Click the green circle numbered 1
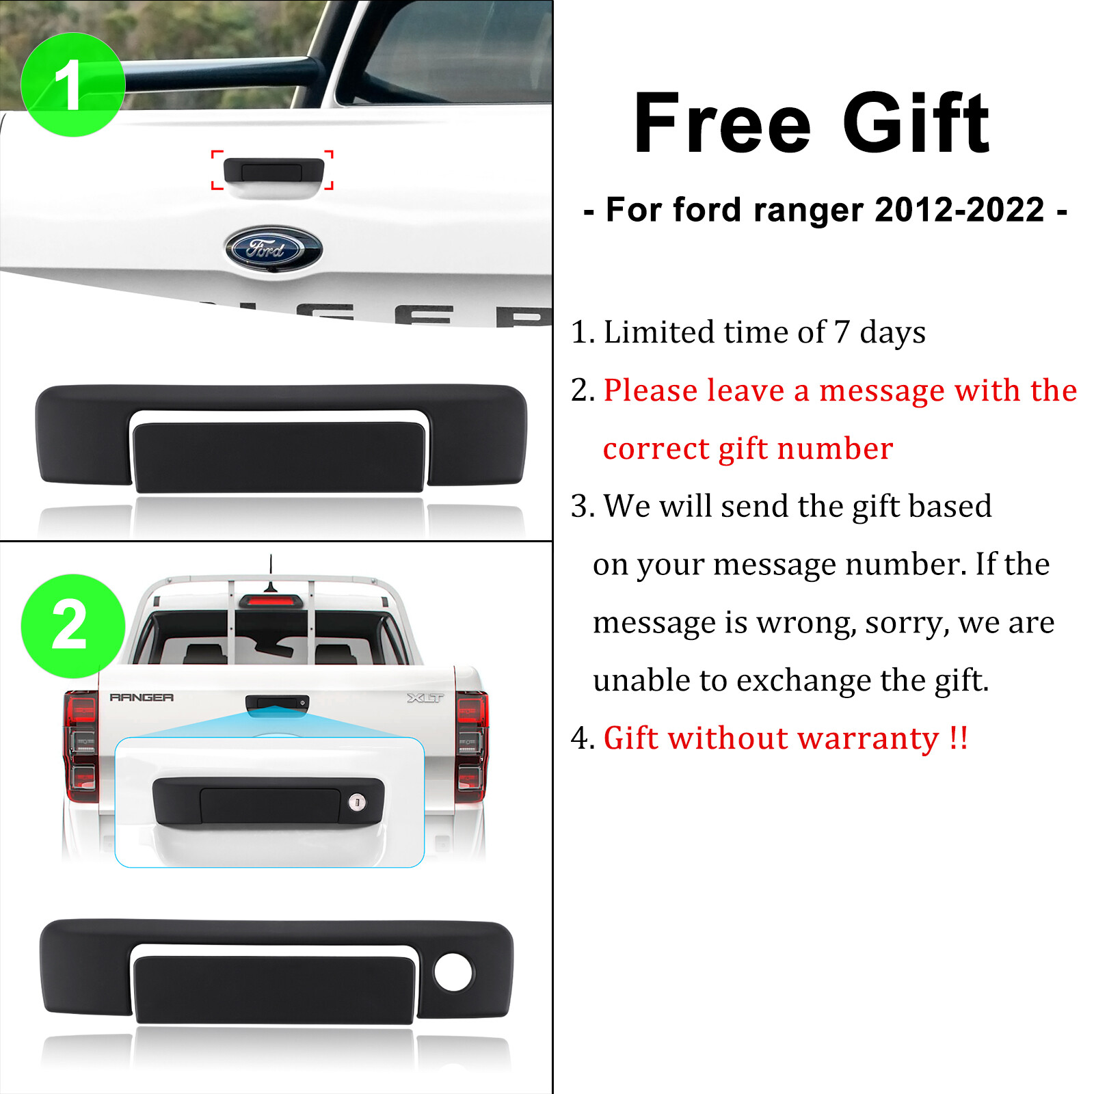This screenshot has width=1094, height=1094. tap(72, 85)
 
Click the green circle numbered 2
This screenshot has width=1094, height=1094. tap(72, 626)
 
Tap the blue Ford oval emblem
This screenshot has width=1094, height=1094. tap(273, 248)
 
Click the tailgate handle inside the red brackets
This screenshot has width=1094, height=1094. tap(273, 171)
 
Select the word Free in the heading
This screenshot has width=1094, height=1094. tap(722, 124)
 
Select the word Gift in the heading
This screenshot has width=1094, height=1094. tap(916, 124)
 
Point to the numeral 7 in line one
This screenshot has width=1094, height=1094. tap(842, 332)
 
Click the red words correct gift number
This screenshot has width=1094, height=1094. tap(747, 449)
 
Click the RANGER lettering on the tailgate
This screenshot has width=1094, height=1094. tap(142, 697)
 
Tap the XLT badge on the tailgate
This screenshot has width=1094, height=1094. tap(425, 698)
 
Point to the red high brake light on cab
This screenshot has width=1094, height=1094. tap(271, 601)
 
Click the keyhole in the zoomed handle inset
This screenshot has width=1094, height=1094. tap(357, 802)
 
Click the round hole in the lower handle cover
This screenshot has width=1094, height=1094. tap(453, 972)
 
